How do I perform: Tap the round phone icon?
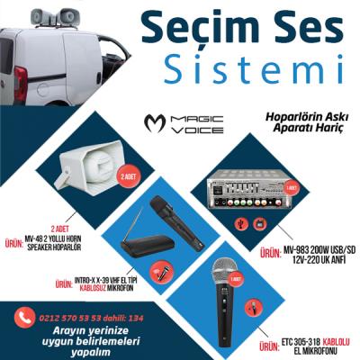[22, 317]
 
